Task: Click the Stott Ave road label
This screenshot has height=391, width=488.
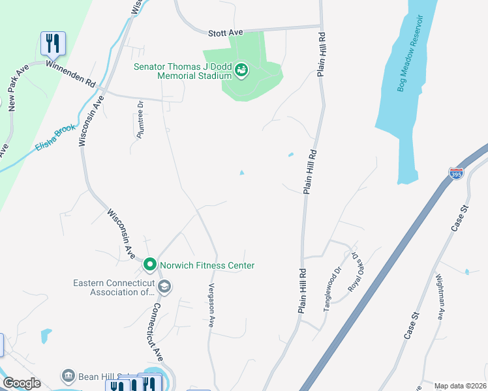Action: [x=225, y=33]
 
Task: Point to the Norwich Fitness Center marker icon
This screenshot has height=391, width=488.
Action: [x=149, y=265]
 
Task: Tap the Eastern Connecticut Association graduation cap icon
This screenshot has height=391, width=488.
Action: [x=164, y=286]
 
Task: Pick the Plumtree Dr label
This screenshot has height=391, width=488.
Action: [x=140, y=119]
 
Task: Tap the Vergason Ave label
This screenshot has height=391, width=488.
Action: [x=211, y=305]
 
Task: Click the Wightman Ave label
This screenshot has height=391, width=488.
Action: [x=439, y=296]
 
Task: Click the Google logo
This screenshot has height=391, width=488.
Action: [x=22, y=383]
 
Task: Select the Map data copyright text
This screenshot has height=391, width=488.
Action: [x=460, y=386]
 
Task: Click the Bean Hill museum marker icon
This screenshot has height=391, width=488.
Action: [x=68, y=376]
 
